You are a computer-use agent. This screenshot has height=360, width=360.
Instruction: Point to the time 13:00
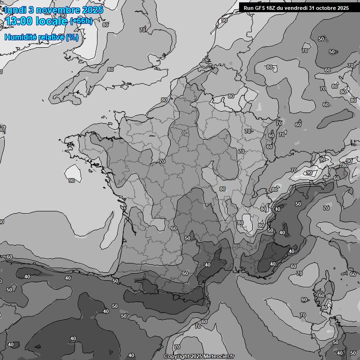19,21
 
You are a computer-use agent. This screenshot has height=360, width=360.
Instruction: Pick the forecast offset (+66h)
81,21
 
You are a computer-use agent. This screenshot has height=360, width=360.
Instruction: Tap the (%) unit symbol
72,37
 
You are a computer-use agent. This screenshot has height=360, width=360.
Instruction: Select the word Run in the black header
248,8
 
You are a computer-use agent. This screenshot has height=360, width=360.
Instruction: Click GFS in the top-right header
260,8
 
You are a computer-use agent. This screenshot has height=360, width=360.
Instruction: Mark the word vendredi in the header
297,8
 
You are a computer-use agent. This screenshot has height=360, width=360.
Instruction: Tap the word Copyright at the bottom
177,356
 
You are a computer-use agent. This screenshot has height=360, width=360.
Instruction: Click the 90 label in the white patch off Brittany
72,180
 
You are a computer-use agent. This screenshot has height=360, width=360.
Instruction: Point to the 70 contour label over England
142,30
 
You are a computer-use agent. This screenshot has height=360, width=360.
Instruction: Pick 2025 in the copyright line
197,356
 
